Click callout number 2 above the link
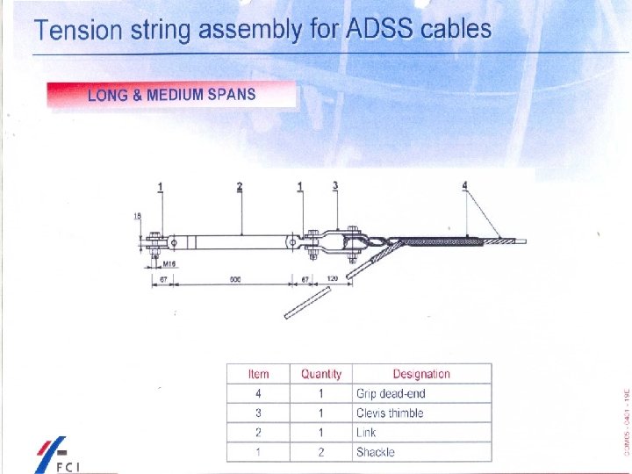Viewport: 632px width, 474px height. (x=240, y=186)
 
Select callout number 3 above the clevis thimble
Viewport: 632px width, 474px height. (x=335, y=185)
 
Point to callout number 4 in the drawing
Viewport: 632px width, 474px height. (x=465, y=185)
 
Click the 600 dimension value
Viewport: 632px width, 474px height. (x=235, y=279)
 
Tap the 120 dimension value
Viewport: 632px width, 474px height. (x=332, y=279)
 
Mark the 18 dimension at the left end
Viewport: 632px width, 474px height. (x=138, y=215)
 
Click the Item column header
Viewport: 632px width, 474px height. (x=258, y=374)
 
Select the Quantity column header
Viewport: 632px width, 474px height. (x=320, y=374)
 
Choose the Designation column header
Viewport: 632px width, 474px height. (x=421, y=374)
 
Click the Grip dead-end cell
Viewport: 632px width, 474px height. (x=391, y=393)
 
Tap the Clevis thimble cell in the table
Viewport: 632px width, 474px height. (x=390, y=413)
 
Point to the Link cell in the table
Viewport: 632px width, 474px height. (x=366, y=433)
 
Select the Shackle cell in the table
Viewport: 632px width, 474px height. (x=376, y=452)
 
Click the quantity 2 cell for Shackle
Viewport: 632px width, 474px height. (x=320, y=452)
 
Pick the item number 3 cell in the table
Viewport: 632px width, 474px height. (x=258, y=413)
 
